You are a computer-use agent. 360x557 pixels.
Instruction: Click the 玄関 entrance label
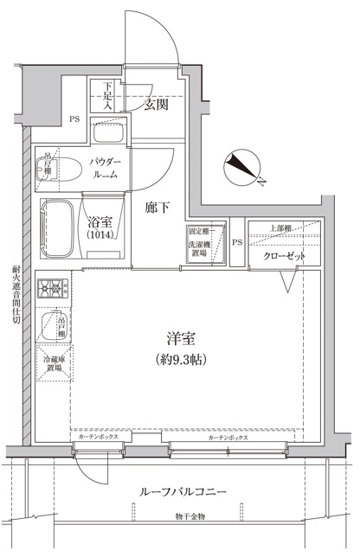click(x=157, y=106)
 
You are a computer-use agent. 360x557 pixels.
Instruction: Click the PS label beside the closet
click(x=236, y=241)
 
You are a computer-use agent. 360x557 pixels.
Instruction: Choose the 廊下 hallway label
click(x=156, y=208)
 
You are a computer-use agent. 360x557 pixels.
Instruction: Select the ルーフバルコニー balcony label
click(x=183, y=491)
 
